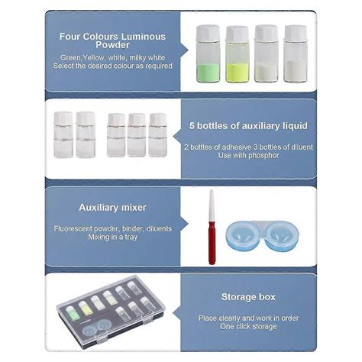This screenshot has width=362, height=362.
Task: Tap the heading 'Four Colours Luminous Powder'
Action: coord(113,40)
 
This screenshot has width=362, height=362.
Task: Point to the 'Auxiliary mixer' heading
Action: coord(113,207)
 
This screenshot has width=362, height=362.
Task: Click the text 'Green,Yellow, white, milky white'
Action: coord(113,57)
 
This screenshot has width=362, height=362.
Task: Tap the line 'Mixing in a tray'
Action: coord(113,238)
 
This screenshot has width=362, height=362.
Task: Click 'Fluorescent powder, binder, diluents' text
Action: coord(113,228)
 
